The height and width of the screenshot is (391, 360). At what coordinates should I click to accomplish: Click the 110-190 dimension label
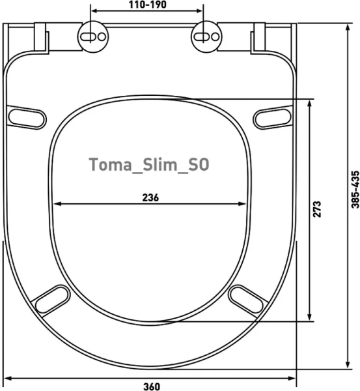click(148, 5)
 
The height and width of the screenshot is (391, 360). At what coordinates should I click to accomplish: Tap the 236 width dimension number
click(150, 197)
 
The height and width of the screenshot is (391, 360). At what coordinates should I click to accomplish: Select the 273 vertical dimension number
click(317, 209)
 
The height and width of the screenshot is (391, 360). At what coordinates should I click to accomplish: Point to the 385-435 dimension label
click(355, 189)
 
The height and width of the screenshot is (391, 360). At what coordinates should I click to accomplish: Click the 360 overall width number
click(152, 386)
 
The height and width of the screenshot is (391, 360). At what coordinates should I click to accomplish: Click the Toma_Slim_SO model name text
click(149, 165)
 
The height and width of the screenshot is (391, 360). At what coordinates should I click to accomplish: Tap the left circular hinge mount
click(93, 36)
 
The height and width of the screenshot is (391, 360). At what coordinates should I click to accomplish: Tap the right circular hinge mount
click(206, 36)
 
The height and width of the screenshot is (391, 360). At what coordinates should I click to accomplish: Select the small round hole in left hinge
click(102, 36)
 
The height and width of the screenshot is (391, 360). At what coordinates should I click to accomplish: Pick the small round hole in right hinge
click(215, 36)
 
